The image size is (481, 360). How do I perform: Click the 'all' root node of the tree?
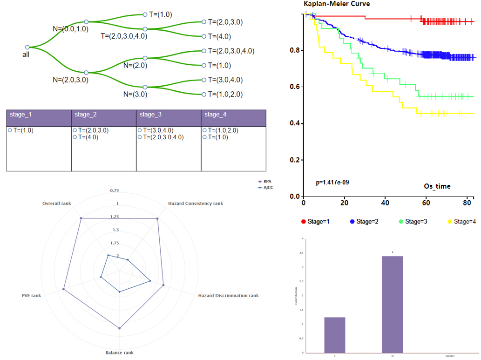click(x=27, y=47)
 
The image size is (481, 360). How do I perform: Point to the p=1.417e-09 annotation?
click(x=332, y=183)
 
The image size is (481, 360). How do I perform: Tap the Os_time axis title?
click(x=437, y=186)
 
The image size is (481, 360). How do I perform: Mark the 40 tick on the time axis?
click(x=385, y=203)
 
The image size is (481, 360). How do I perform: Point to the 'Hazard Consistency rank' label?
click(x=195, y=204)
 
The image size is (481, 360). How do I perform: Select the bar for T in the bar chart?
click(x=335, y=335)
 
